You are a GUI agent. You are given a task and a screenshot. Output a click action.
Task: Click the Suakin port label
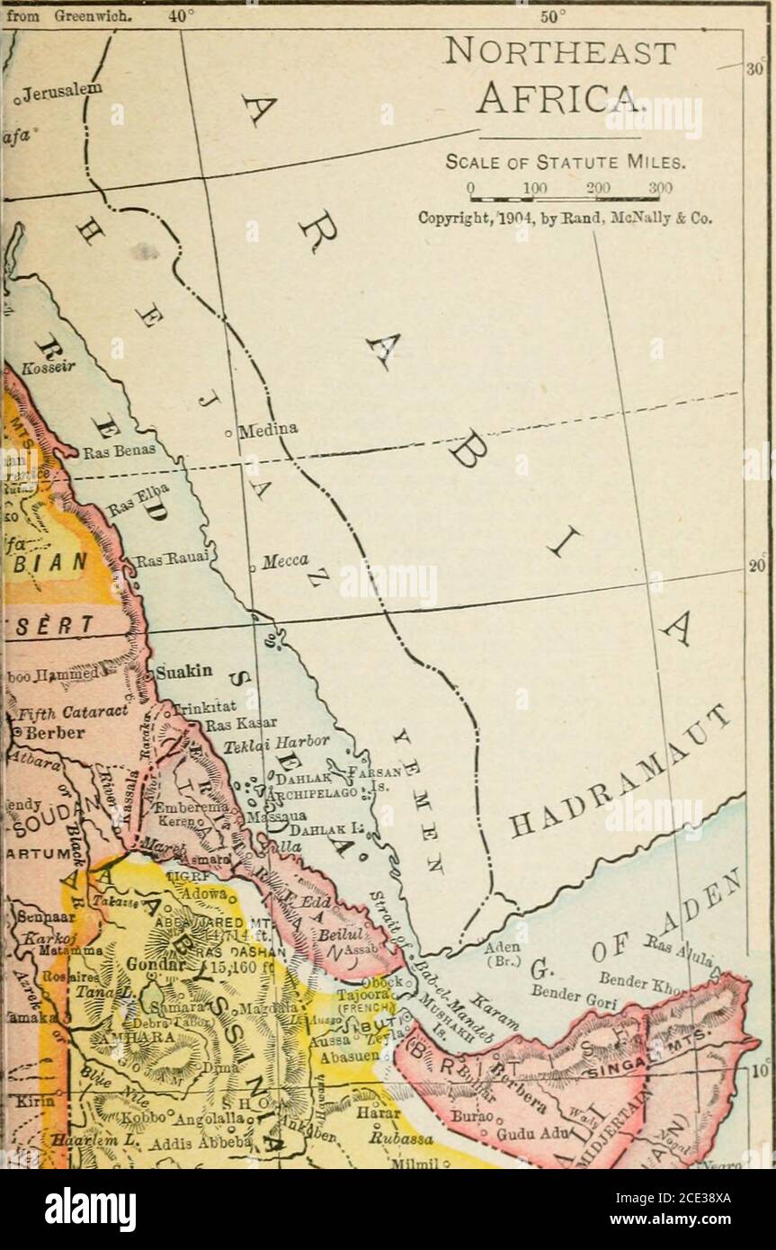coord(183,671)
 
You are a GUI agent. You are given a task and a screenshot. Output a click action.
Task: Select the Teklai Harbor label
coord(268,743)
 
